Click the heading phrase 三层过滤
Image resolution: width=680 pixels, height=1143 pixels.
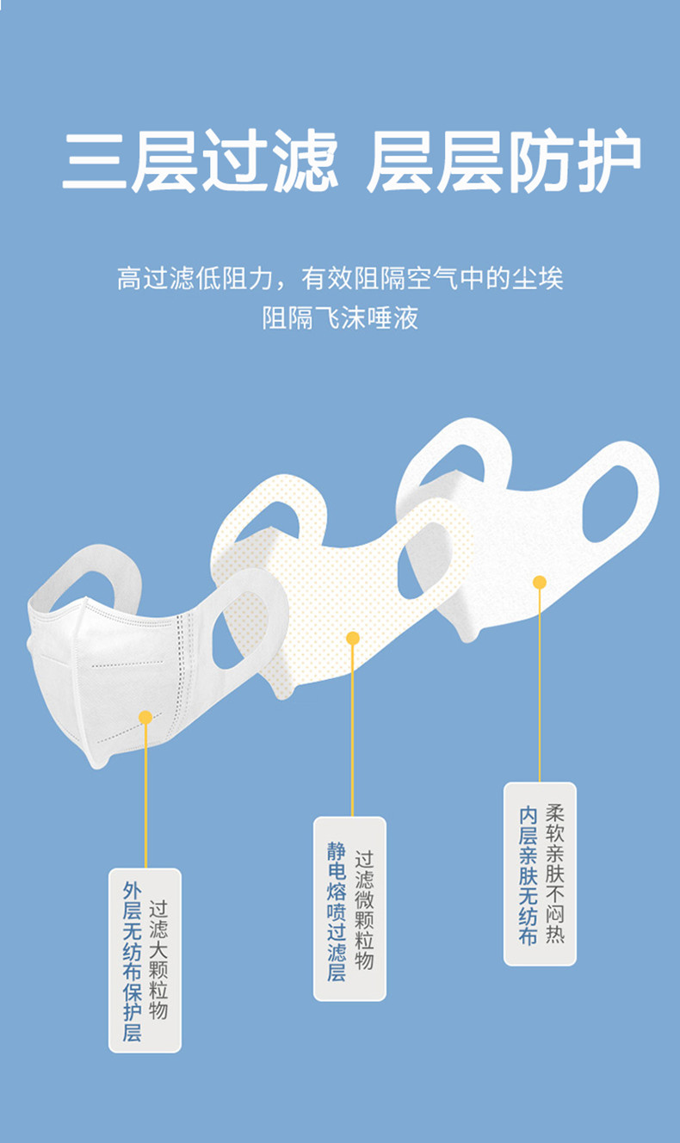click(x=200, y=161)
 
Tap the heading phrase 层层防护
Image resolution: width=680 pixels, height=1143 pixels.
click(x=504, y=161)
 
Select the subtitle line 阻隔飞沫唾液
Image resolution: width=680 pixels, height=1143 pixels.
click(x=340, y=318)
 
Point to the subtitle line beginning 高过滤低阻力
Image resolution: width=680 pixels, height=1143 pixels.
click(x=340, y=279)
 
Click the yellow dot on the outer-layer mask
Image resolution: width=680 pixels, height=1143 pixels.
click(x=145, y=718)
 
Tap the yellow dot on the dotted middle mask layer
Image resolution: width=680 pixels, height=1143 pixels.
click(x=353, y=639)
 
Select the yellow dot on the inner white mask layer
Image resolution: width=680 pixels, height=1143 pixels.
click(x=540, y=582)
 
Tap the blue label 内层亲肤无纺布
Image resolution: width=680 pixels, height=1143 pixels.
click(x=528, y=875)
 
